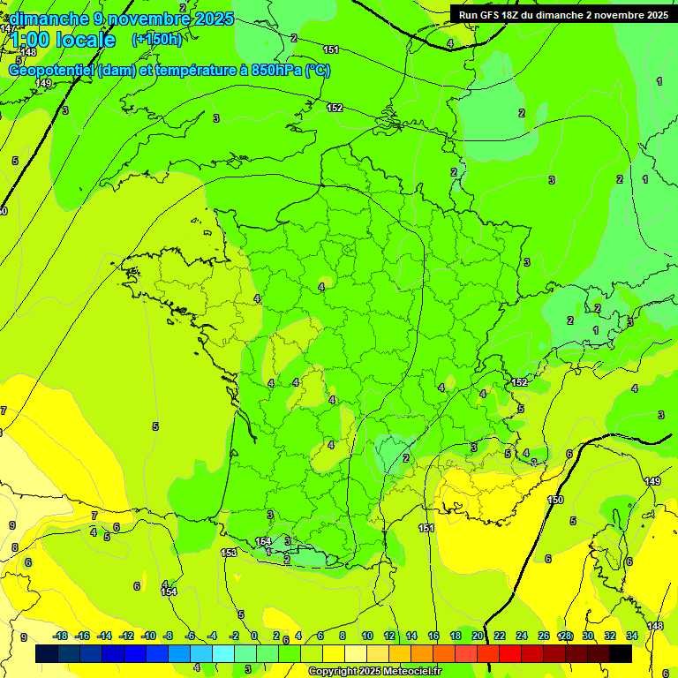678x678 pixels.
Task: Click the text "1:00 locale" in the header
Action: click(63, 40)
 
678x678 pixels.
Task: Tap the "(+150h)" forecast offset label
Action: click(156, 39)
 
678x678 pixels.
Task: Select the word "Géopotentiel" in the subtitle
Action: click(51, 71)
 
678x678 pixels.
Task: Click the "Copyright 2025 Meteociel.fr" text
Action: click(373, 672)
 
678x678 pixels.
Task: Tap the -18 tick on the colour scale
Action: click(61, 636)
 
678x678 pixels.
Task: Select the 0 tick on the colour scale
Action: click(254, 636)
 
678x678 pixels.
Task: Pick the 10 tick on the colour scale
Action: click(367, 636)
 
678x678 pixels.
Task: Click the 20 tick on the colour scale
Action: click(477, 636)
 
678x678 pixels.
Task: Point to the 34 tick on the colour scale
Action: click(632, 636)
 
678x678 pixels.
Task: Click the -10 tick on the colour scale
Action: click(148, 636)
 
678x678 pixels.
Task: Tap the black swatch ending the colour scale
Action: click(621, 654)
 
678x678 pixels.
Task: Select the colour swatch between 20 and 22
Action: click(488, 654)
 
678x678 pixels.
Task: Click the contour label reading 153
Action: click(229, 553)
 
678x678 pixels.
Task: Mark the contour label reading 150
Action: click(555, 501)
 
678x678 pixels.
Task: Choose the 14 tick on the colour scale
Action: click(411, 636)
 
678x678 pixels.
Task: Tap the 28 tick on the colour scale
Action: click(565, 636)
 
